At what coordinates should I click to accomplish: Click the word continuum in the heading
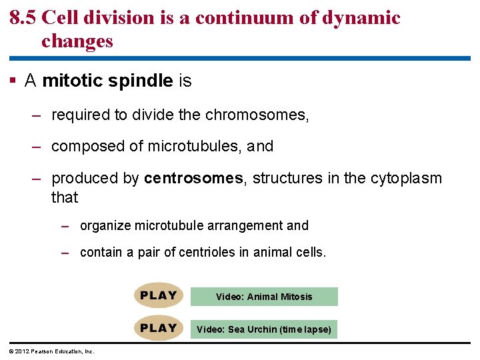point(251,18)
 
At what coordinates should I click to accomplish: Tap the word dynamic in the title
point(361,18)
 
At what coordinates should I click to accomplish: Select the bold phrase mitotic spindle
point(107,81)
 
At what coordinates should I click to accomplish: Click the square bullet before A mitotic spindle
point(13,81)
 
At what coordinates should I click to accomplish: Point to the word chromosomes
point(257,115)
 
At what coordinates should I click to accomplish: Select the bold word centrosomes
point(193,179)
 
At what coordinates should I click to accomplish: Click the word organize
point(105,225)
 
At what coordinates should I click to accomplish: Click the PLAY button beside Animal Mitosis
point(159,296)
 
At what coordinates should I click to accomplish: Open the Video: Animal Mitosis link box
point(264,297)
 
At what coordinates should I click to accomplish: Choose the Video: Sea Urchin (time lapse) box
point(264,329)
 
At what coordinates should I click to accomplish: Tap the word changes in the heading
point(77,41)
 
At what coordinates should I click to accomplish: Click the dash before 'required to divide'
point(38,115)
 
